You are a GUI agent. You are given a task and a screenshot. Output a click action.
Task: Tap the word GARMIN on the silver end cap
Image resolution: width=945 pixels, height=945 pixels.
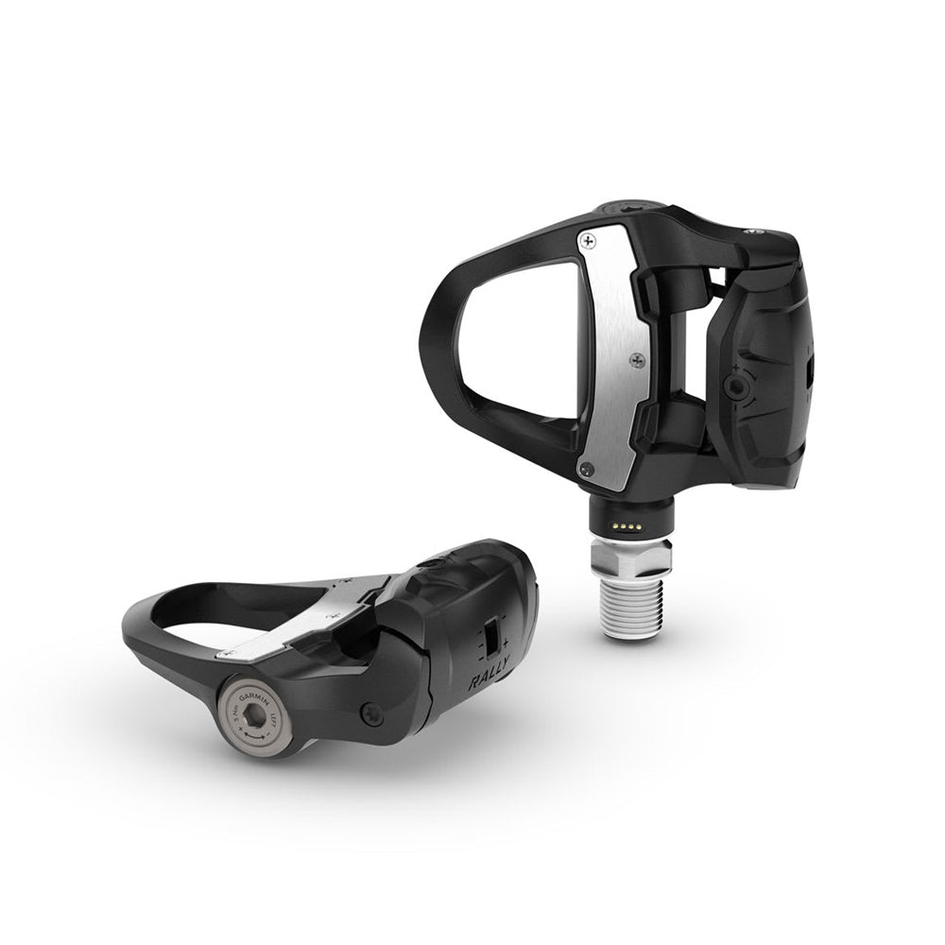coord(252,697)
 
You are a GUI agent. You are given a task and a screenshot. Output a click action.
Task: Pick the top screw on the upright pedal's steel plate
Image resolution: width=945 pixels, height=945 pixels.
coord(592,242)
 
